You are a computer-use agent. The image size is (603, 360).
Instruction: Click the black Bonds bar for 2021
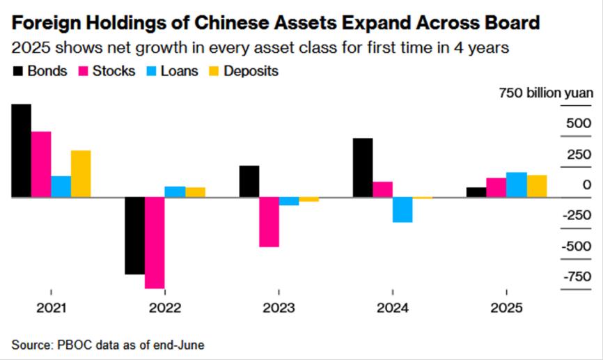21,150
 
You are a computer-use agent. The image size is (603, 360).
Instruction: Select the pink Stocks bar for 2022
155,242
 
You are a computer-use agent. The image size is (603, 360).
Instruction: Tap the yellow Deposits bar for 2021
81,173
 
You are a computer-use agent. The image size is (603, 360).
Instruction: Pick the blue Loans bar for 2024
402,210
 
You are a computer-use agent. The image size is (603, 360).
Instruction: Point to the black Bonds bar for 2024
363,167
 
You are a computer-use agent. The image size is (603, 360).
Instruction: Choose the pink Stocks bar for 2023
269,221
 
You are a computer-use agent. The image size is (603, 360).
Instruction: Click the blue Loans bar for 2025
516,185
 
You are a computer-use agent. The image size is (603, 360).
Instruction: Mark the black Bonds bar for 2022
134,235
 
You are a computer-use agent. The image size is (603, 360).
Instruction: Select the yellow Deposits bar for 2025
536,186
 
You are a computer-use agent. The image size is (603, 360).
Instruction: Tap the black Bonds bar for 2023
249,181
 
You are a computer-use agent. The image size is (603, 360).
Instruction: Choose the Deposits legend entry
246,71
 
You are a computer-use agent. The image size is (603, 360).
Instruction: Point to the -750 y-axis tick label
575,277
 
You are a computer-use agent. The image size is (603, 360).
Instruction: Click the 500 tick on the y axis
577,123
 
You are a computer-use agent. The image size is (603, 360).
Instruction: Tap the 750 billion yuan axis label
545,93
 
